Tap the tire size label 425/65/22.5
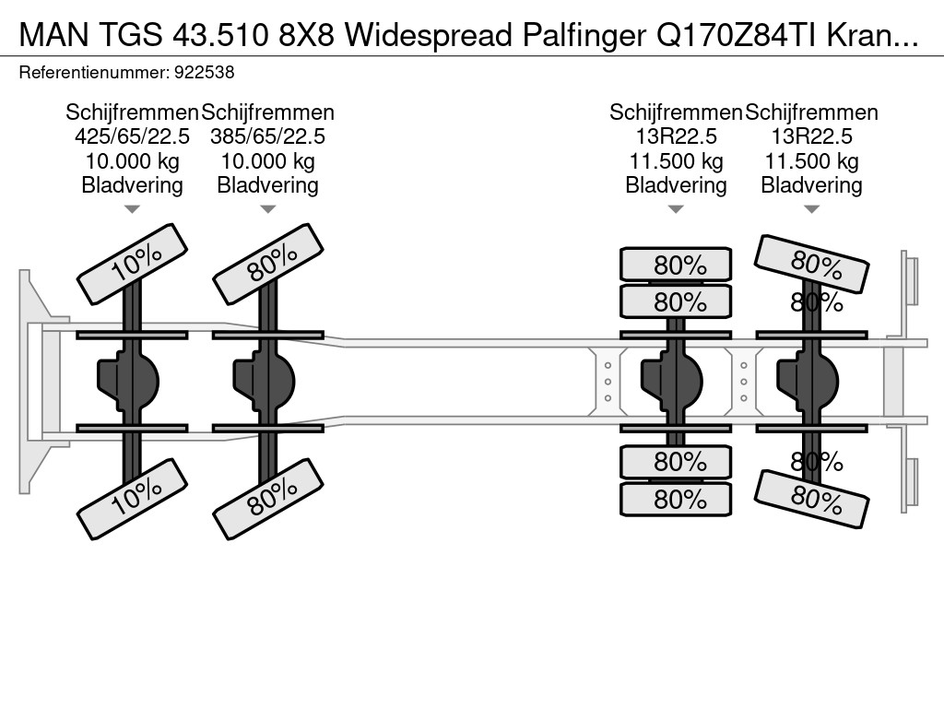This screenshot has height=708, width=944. pyautogui.click(x=132, y=136)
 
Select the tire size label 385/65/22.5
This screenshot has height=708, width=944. pyautogui.click(x=267, y=136)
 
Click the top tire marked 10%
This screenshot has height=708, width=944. pyautogui.click(x=133, y=264)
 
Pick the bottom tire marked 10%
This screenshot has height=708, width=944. pyautogui.click(x=133, y=499)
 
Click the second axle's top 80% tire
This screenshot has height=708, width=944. pyautogui.click(x=268, y=264)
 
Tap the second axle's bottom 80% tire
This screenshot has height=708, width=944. pyautogui.click(x=268, y=499)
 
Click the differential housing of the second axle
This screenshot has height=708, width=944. pyautogui.click(x=266, y=379)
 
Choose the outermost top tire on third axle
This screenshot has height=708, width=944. pyautogui.click(x=676, y=265)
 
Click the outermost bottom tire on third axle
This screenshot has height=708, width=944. pyautogui.click(x=676, y=500)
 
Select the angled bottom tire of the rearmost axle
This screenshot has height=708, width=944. pyautogui.click(x=812, y=499)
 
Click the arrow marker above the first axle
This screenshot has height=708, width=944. pyautogui.click(x=132, y=209)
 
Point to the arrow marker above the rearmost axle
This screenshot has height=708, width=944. pyautogui.click(x=811, y=209)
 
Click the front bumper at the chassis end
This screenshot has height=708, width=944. pyautogui.click(x=33, y=381)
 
